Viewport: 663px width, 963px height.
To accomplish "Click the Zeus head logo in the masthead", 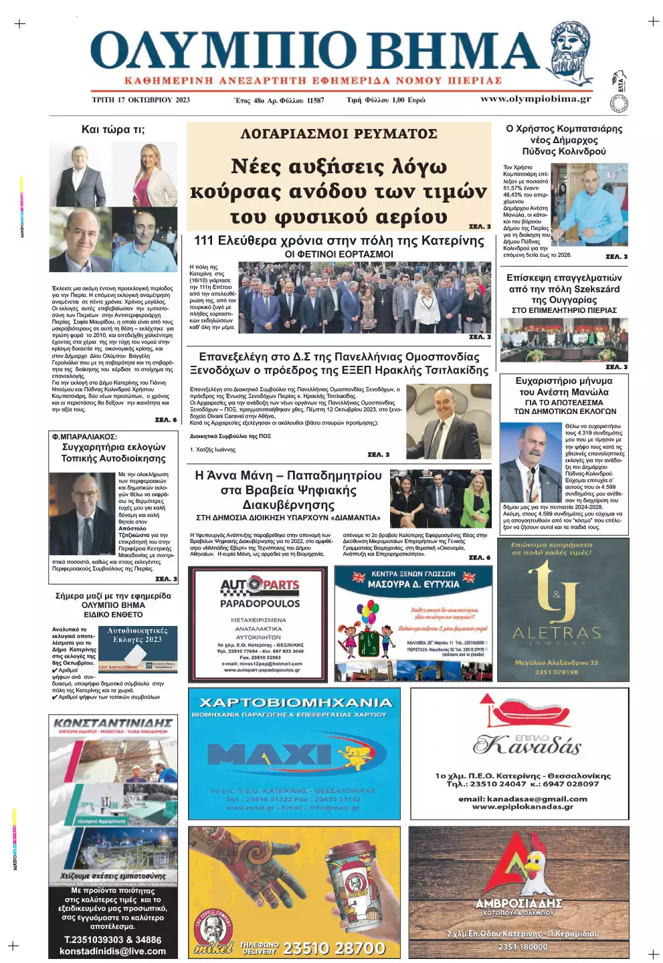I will [571, 54].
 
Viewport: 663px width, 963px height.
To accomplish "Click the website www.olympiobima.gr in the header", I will [535, 99].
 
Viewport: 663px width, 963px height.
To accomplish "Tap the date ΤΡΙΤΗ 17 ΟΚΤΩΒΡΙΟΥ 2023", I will [140, 100].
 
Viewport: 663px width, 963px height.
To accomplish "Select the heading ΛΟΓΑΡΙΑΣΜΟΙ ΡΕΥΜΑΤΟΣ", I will [339, 134].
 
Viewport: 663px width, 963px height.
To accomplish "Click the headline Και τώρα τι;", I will [112, 130].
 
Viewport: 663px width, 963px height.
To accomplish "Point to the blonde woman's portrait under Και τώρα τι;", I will [155, 175].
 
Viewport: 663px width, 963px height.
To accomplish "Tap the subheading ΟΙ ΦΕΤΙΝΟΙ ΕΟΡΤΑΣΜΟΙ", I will [339, 254].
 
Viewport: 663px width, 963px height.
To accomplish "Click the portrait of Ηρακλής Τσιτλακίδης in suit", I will [439, 420].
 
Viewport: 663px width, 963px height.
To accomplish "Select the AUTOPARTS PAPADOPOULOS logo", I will [260, 593].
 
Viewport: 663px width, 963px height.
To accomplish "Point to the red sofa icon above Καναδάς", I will [519, 713].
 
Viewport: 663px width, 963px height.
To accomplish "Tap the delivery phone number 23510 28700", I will [334, 948].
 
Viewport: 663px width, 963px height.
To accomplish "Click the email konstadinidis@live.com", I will [112, 951].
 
